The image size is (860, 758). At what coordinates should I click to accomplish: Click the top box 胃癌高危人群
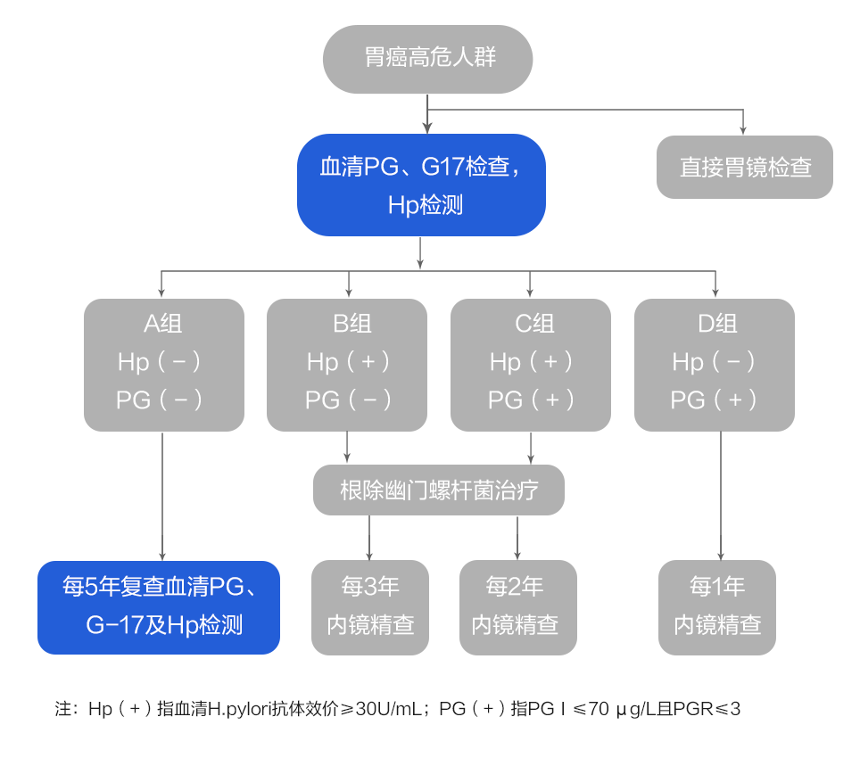click(x=427, y=59)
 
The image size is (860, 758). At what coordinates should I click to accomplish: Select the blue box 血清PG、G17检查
click(x=421, y=185)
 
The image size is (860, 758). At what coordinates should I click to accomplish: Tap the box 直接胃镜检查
click(x=744, y=167)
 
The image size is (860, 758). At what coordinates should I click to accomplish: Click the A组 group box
click(x=163, y=365)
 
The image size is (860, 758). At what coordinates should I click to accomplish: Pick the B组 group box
click(x=347, y=365)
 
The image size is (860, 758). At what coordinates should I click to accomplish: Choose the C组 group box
click(x=531, y=365)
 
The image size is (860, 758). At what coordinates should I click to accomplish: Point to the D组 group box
click(x=715, y=365)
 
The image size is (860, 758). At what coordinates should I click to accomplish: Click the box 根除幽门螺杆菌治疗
click(x=439, y=490)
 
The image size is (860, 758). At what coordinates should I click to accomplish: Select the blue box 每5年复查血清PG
click(x=159, y=606)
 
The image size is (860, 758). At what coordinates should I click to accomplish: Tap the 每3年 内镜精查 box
click(x=370, y=606)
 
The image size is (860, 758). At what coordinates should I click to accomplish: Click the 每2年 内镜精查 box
click(x=517, y=606)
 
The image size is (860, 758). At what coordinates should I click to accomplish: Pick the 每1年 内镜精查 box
click(x=717, y=606)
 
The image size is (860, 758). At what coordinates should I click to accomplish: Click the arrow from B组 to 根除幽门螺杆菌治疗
click(x=347, y=448)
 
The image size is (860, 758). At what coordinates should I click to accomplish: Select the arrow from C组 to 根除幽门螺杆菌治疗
click(x=532, y=448)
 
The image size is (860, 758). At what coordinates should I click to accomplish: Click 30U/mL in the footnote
click(x=387, y=710)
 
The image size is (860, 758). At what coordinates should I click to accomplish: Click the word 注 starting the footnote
click(x=62, y=710)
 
